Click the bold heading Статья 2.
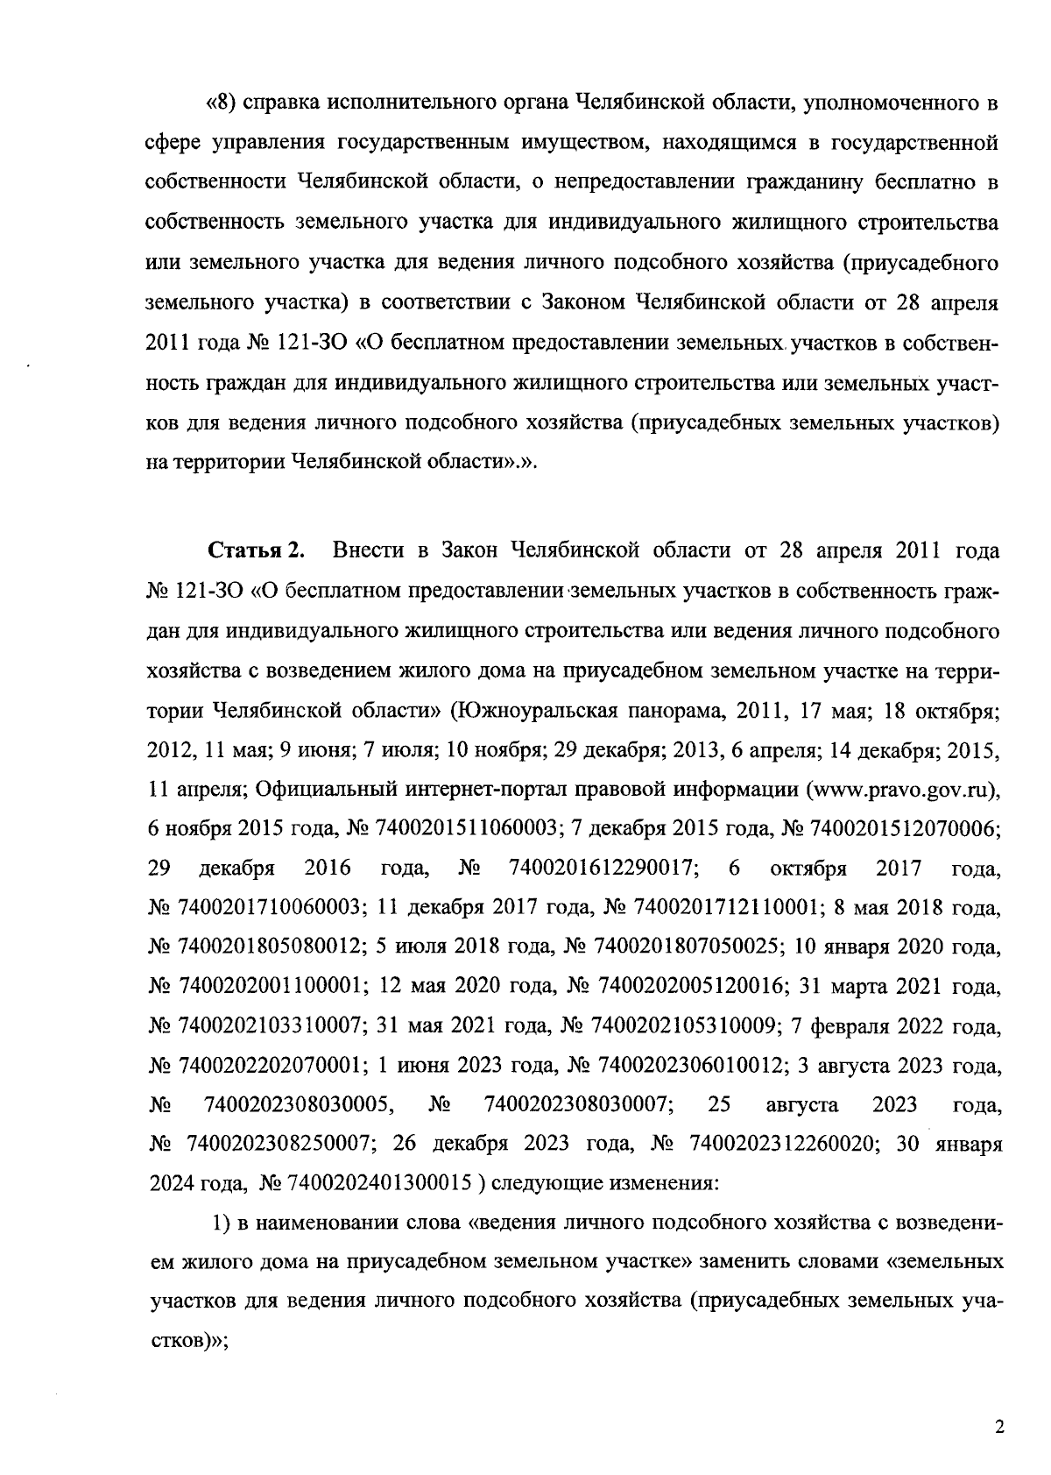(x=256, y=550)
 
